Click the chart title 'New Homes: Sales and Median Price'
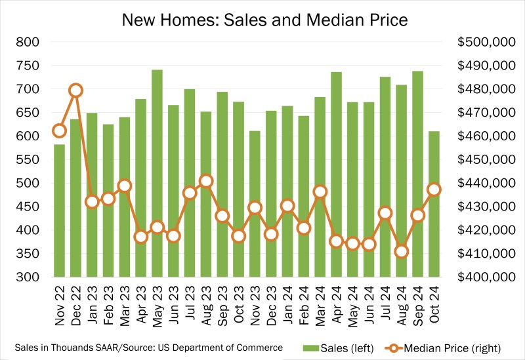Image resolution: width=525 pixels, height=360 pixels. [264, 20]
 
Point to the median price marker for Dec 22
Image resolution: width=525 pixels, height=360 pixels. [75, 90]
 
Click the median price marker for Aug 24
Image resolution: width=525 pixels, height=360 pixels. [402, 251]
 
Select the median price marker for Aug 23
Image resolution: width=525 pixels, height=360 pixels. [206, 181]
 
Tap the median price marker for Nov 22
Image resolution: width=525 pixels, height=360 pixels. [60, 130]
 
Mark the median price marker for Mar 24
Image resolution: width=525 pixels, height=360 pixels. [320, 191]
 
